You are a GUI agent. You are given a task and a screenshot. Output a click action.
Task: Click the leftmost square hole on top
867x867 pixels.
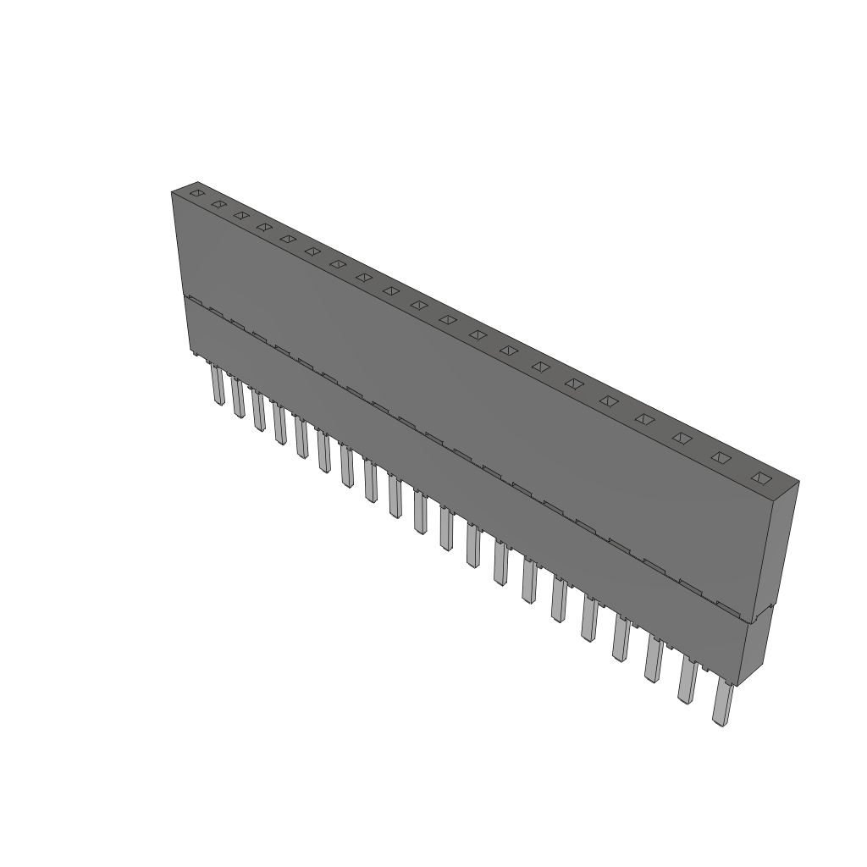pos(196,194)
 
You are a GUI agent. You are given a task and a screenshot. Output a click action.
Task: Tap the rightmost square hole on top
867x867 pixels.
pos(761,478)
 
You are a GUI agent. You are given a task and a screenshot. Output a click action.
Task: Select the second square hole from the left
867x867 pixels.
pos(218,204)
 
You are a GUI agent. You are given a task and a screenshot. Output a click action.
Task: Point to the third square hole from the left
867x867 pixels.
pos(241,215)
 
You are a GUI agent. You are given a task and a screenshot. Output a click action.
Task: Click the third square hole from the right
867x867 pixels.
pos(682,438)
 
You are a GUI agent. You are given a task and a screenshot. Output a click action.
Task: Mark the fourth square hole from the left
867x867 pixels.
pos(264,226)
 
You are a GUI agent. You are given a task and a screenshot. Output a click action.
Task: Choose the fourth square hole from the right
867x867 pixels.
pos(645,418)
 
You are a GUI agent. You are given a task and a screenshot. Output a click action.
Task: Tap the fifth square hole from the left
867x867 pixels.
pos(288,238)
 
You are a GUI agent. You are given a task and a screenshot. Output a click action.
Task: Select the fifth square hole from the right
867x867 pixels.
pos(609,400)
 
